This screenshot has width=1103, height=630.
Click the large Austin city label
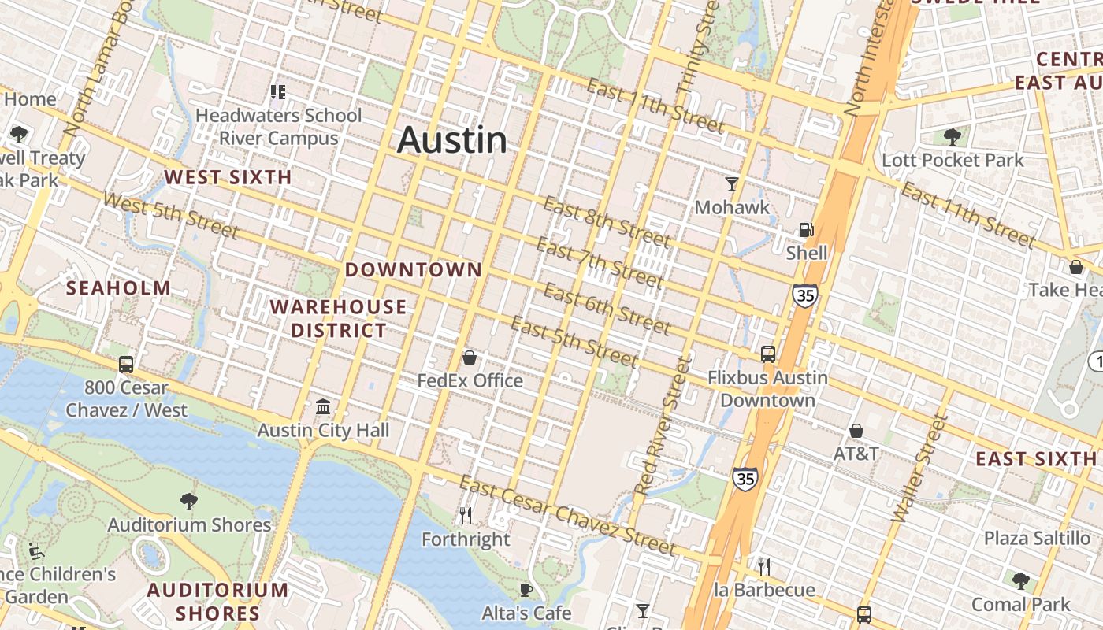tap(452, 140)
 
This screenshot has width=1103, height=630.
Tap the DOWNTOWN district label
tap(414, 269)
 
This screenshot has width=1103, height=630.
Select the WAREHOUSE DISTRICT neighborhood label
tap(339, 318)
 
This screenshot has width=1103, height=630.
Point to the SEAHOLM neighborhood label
tap(118, 288)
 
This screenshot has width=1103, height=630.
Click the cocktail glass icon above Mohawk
tap(732, 184)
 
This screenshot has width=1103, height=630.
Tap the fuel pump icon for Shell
tap(806, 230)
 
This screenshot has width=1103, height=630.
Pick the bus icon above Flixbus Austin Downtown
tap(768, 354)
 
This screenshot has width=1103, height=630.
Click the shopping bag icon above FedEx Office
tap(470, 358)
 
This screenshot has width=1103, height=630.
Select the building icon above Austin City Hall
tap(323, 407)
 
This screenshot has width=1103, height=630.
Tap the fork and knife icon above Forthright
tap(466, 516)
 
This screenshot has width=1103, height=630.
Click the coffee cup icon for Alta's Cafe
tap(526, 590)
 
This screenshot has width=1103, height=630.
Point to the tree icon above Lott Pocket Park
tap(953, 136)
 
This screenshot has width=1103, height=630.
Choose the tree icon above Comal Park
tap(1021, 581)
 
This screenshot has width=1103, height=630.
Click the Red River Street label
tap(666, 425)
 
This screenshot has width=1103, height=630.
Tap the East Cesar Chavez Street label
tap(567, 516)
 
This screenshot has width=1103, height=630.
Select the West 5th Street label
tap(170, 215)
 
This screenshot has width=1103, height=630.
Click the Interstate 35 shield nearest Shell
tap(804, 296)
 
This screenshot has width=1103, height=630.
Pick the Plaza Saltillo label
tap(1037, 538)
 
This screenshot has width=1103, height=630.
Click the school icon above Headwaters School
tap(277, 92)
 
